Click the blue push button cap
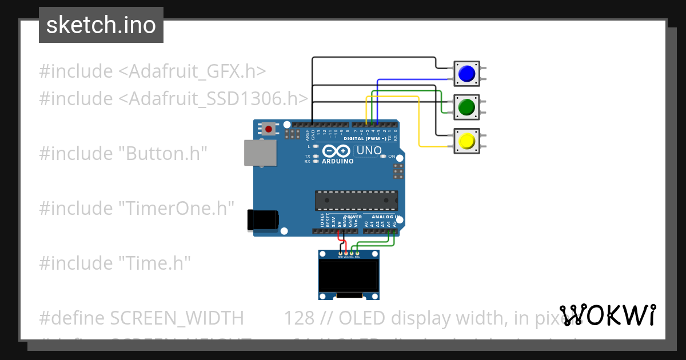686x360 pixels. click(466, 73)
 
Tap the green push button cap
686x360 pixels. click(466, 107)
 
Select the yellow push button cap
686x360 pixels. click(466, 141)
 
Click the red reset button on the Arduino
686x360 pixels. click(269, 129)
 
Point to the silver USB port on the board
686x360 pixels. click(261, 153)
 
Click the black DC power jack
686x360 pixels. click(263, 221)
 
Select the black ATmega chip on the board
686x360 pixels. click(356, 201)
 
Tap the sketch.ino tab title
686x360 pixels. click(101, 25)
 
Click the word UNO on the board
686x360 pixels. click(369, 151)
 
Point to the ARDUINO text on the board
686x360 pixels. click(337, 161)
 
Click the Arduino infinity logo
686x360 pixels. click(337, 151)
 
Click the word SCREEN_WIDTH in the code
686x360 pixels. click(177, 318)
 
